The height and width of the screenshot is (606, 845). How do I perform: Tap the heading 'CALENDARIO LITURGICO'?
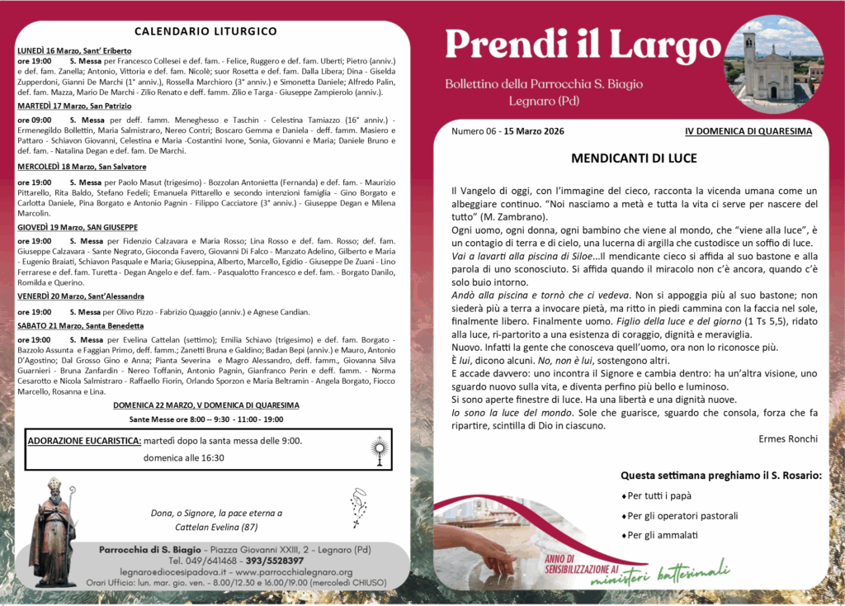tap(205, 31)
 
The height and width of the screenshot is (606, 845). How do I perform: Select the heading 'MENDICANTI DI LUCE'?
tap(634, 158)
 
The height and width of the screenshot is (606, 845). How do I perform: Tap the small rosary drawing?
tap(359, 506)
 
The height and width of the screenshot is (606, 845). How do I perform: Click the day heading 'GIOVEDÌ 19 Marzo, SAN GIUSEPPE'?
tap(78, 227)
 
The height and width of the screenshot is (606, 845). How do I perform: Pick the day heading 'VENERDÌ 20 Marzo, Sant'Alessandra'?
tap(81, 296)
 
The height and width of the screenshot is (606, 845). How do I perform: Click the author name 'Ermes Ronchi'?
tap(788, 438)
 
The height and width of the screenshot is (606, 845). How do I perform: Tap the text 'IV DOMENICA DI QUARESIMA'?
tap(748, 131)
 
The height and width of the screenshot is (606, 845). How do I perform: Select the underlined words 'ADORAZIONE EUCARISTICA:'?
tap(84, 441)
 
